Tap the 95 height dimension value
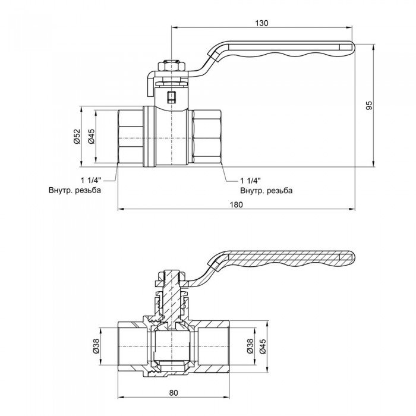368,105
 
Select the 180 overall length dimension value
236,204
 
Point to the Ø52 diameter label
77,137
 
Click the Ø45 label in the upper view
92,137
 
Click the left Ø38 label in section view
96,346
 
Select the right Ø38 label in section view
250,346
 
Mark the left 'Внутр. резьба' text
75,191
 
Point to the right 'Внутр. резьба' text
266,191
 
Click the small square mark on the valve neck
171,97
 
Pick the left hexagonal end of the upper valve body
130,137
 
